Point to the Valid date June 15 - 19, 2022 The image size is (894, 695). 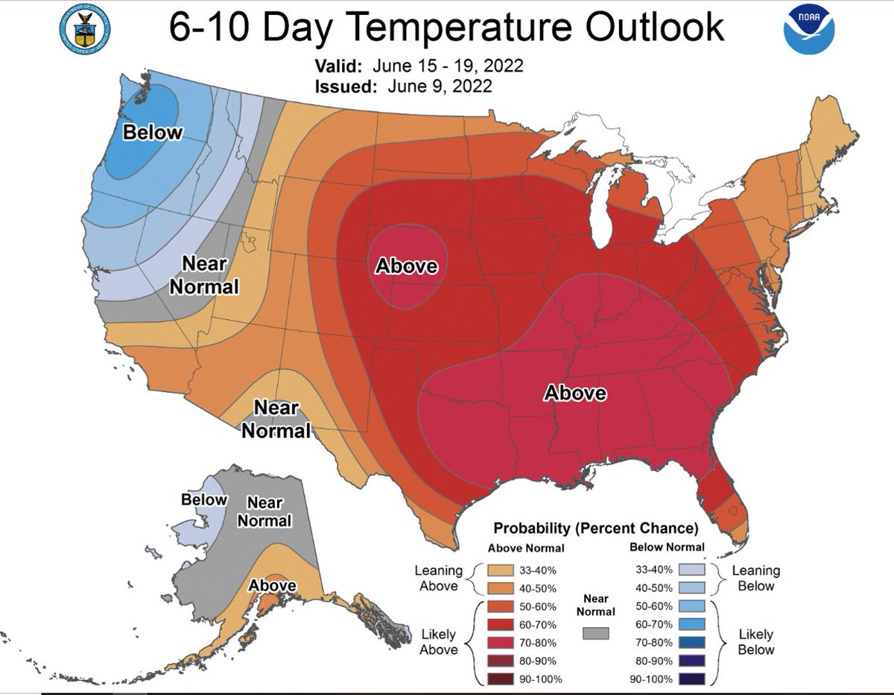tap(455, 66)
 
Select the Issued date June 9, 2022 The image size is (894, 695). tap(439, 87)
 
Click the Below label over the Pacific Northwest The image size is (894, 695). tap(152, 133)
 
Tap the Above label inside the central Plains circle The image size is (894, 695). tap(406, 265)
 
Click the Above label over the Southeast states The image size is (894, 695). tap(574, 392)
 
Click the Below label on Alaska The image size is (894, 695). tap(203, 500)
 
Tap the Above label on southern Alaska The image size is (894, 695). tap(273, 585)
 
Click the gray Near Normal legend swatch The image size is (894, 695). tap(595, 633)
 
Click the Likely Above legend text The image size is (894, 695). tap(439, 642)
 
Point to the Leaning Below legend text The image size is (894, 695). tap(755, 578)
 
